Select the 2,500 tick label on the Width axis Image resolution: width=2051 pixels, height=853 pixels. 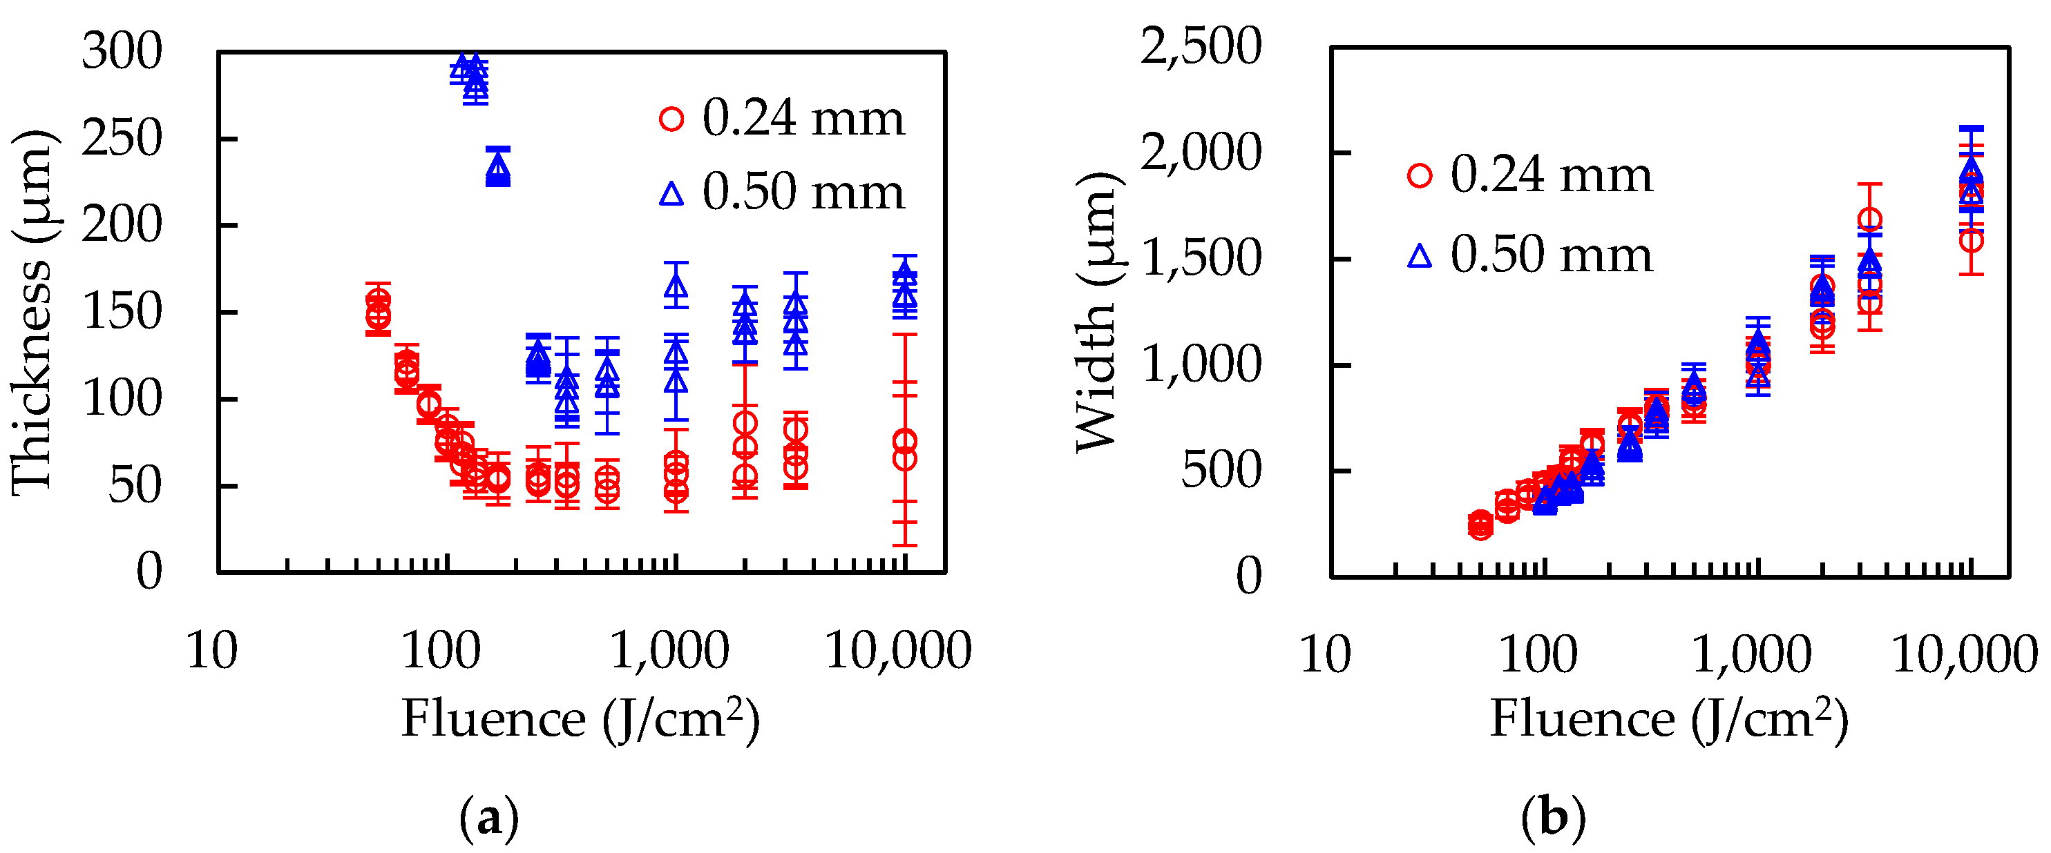pyautogui.click(x=1201, y=46)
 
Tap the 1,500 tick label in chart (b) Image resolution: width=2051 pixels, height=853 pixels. pyautogui.click(x=1201, y=259)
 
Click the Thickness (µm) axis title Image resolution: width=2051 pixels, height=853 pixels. pyautogui.click(x=32, y=312)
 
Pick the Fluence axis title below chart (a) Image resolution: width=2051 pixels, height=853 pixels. pyautogui.click(x=580, y=719)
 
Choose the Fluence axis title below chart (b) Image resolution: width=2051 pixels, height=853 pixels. pyautogui.click(x=1669, y=719)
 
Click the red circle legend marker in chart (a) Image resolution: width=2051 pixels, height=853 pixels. pyautogui.click(x=671, y=119)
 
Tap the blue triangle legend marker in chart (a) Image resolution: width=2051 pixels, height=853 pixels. pyautogui.click(x=671, y=193)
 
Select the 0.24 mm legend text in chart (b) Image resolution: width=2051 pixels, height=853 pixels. pyautogui.click(x=1551, y=175)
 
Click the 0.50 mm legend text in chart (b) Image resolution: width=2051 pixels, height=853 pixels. pyautogui.click(x=1551, y=255)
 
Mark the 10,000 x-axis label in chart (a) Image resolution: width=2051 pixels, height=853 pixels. pyautogui.click(x=898, y=650)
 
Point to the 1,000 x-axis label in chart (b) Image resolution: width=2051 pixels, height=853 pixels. pyautogui.click(x=1750, y=655)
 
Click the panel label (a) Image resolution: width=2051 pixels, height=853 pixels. pyautogui.click(x=489, y=818)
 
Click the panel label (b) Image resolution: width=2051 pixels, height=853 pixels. pyautogui.click(x=1552, y=818)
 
